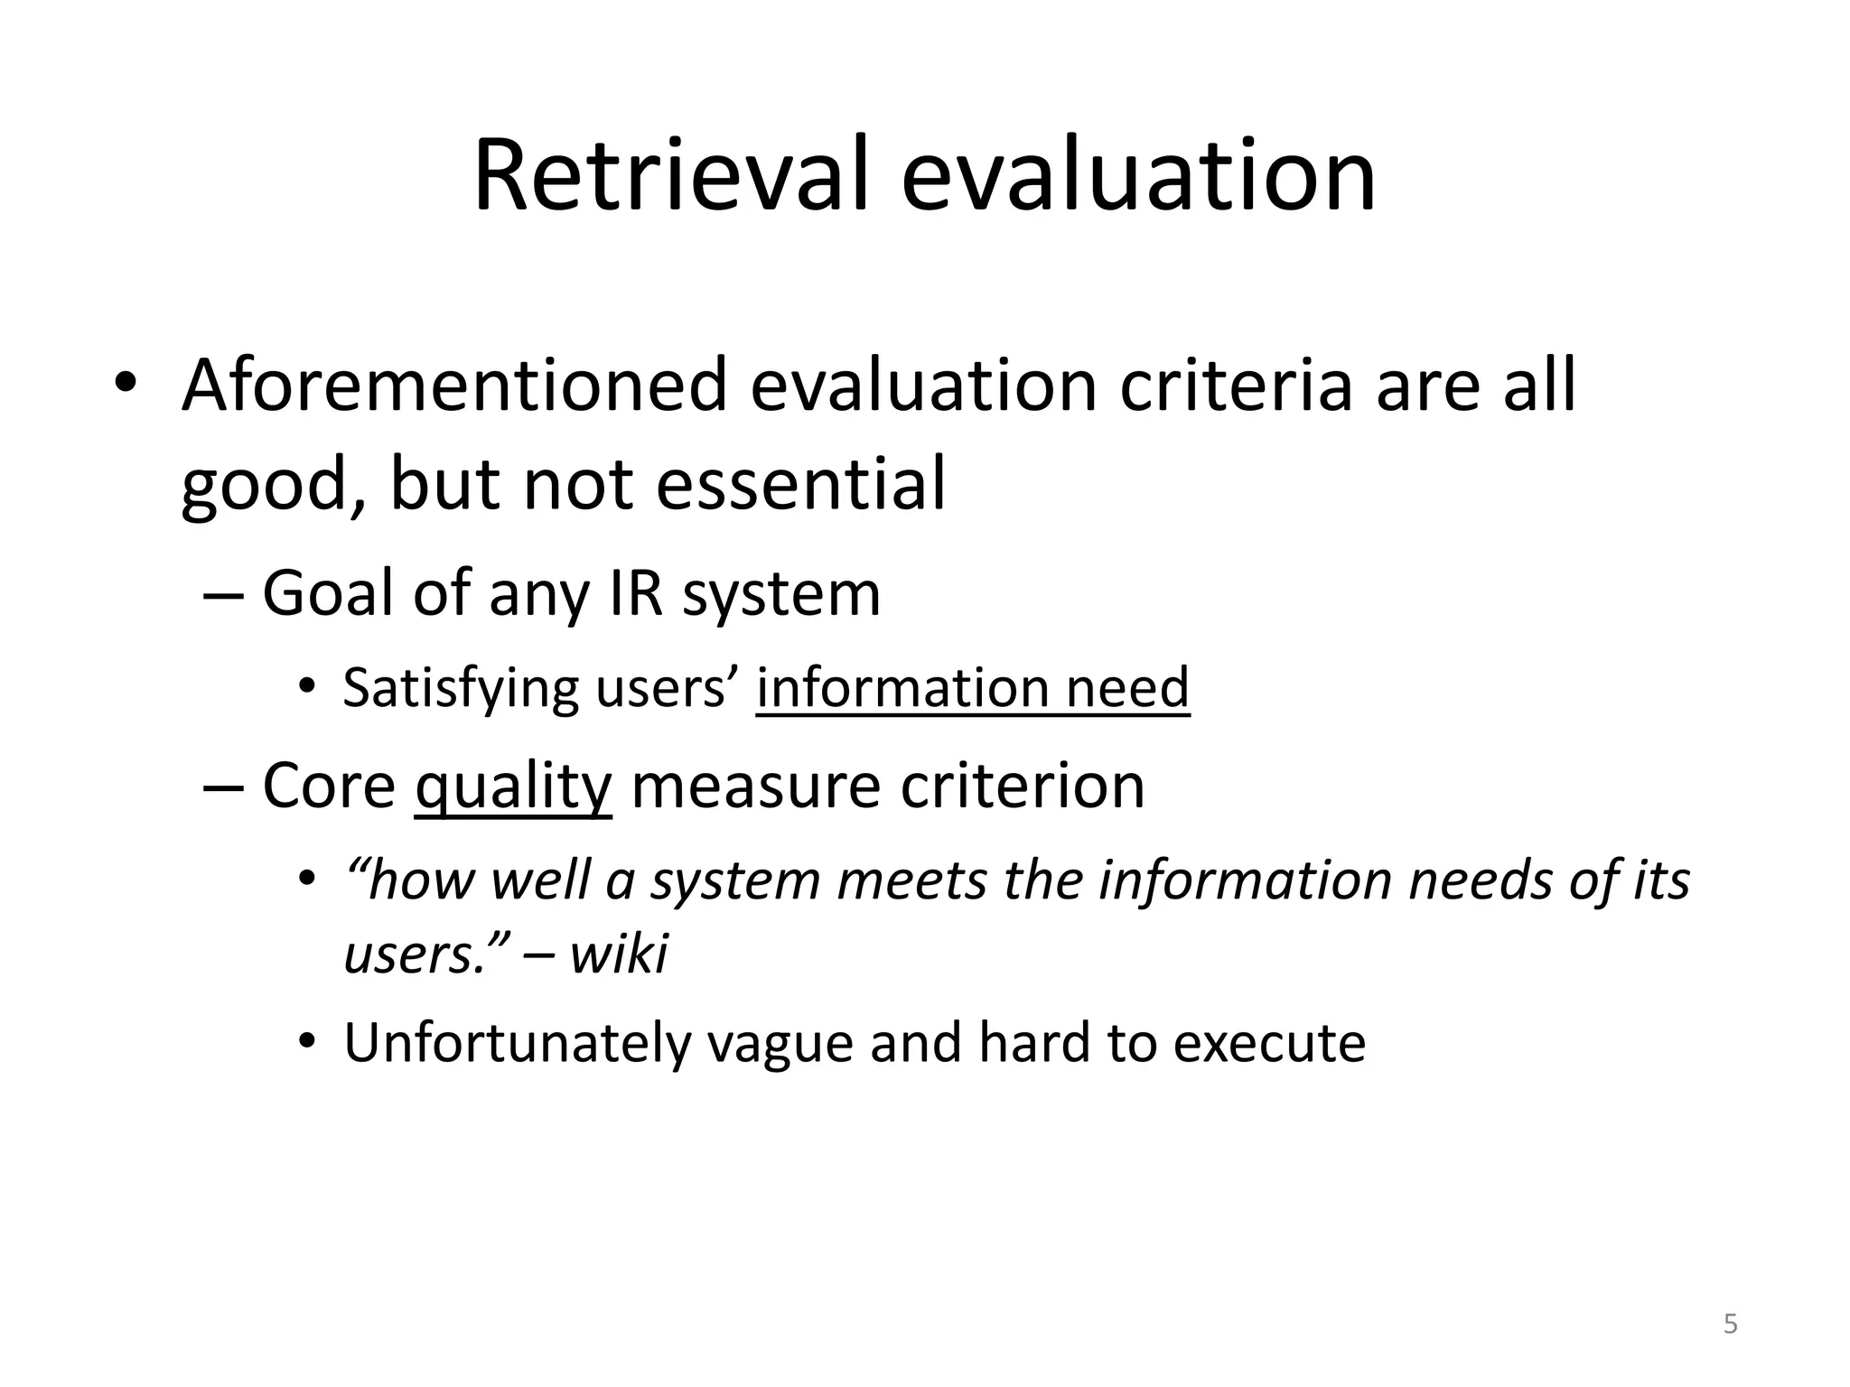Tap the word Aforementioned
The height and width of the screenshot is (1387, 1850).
click(454, 386)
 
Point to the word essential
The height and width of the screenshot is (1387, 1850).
click(800, 484)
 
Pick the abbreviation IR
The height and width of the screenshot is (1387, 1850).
click(638, 593)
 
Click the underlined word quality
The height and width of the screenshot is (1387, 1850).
click(513, 786)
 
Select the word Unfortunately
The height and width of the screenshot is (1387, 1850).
click(516, 1043)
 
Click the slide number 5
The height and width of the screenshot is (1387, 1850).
click(1730, 1325)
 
